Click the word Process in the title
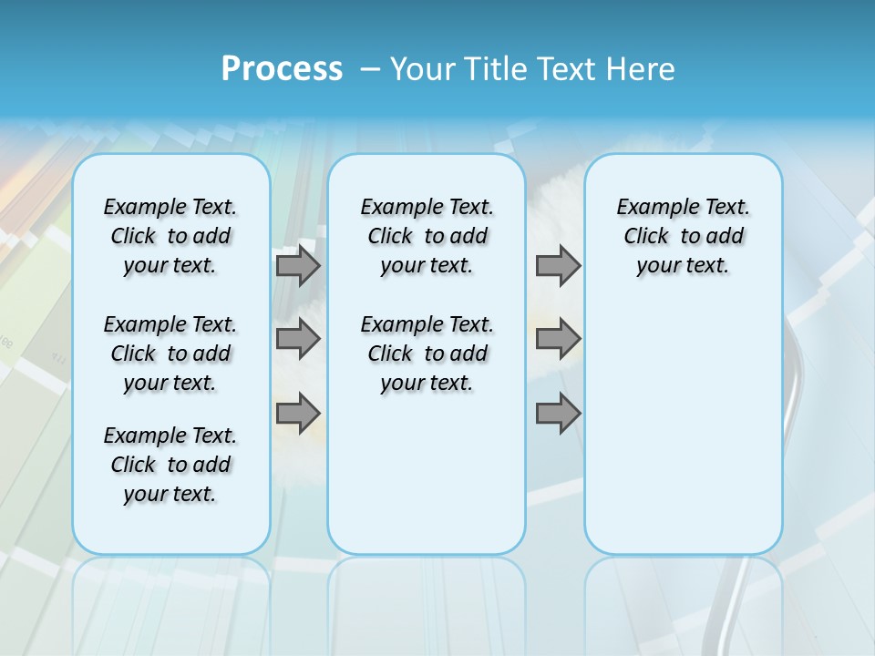pyautogui.click(x=282, y=69)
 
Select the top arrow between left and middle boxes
pyautogui.click(x=298, y=266)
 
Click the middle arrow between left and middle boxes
pyautogui.click(x=298, y=339)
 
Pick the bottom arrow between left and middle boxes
pyautogui.click(x=298, y=414)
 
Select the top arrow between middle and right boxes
pyautogui.click(x=558, y=266)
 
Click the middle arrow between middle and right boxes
pyautogui.click(x=558, y=339)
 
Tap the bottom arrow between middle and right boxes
pyautogui.click(x=558, y=414)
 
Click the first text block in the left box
pyautogui.click(x=170, y=236)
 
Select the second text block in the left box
pyautogui.click(x=170, y=354)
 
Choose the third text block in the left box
pyautogui.click(x=170, y=465)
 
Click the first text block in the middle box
pyautogui.click(x=427, y=236)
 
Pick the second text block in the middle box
pyautogui.click(x=427, y=354)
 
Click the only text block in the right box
pyautogui.click(x=684, y=236)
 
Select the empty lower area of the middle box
pyautogui.click(x=427, y=474)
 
